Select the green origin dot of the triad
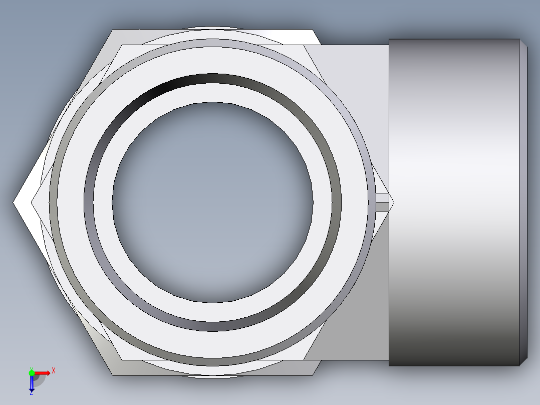click(32, 372)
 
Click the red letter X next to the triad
click(53, 371)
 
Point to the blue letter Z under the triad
click(31, 393)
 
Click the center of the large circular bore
click(213, 202)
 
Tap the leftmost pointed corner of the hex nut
click(14, 202)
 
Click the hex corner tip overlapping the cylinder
click(393, 201)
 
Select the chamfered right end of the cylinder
click(523, 202)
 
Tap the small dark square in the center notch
click(383, 206)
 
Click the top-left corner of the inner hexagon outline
click(121, 45)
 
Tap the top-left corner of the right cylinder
click(390, 40)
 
